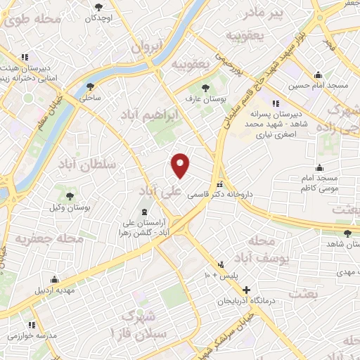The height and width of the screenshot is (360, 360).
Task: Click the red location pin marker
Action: tap(181, 165)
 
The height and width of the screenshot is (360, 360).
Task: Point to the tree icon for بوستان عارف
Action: tap(205, 88)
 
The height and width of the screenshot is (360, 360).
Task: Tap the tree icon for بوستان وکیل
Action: tap(70, 195)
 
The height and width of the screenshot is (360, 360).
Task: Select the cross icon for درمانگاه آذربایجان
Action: tap(245, 290)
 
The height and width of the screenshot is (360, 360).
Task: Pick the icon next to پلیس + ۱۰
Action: tap(221, 264)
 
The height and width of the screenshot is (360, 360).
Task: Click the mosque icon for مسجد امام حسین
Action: tap(319, 75)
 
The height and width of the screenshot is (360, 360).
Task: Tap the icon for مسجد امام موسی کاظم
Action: tap(320, 167)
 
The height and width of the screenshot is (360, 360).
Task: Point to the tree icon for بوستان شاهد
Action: tap(346, 233)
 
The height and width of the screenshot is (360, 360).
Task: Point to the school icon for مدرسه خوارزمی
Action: tap(32, 325)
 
